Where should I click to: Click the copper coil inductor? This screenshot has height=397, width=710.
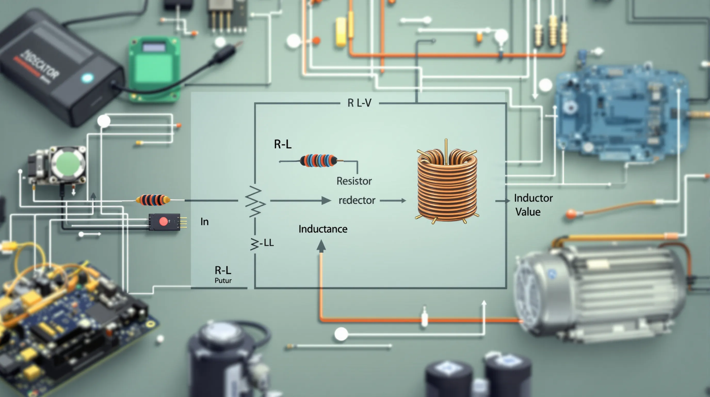tap(447, 184)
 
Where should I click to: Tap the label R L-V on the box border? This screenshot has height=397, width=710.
tap(359, 103)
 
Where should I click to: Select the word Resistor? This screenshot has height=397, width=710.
tap(354, 181)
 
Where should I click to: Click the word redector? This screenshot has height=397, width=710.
tap(357, 200)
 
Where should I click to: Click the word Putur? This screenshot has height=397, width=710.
tap(223, 281)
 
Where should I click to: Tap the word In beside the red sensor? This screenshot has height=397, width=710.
tap(205, 222)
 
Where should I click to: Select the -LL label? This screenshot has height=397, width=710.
tap(267, 243)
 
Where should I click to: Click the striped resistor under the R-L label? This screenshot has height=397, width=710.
tap(318, 161)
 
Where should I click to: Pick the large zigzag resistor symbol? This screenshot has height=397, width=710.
tap(255, 201)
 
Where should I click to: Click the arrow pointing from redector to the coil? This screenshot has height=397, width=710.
tap(393, 201)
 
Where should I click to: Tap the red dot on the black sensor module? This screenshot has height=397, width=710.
tap(163, 222)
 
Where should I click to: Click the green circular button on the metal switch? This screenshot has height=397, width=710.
tap(68, 163)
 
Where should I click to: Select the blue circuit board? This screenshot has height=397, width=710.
tap(620, 113)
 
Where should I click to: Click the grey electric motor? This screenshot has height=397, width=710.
tap(598, 293)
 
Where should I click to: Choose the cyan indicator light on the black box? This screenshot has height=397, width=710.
tap(87, 78)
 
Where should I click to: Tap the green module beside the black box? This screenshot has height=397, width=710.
tap(154, 69)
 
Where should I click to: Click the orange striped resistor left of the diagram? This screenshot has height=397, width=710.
tap(153, 200)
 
